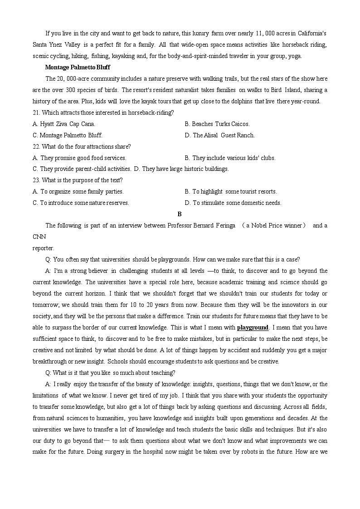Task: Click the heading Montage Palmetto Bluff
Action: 78,68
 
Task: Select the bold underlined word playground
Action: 253,328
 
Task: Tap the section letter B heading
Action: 180,214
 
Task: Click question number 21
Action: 36,112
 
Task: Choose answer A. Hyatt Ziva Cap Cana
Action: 64,124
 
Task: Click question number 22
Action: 36,146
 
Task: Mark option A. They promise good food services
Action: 79,158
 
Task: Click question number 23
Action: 36,180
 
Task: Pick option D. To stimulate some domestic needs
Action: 233,203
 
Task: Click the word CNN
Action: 39,237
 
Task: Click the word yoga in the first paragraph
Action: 294,56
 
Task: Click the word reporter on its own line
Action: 43,248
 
